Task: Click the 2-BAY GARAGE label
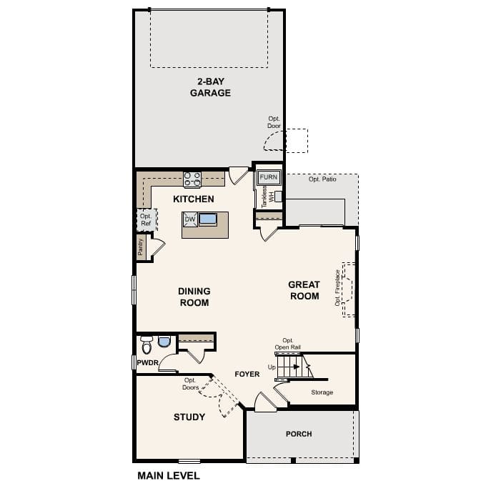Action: click(210, 86)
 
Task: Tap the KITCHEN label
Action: click(194, 199)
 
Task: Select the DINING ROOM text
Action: click(194, 297)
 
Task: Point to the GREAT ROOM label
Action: click(304, 290)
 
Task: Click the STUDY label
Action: click(189, 417)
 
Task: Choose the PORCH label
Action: click(299, 434)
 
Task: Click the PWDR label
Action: click(147, 362)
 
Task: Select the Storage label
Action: click(322, 392)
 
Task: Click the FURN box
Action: click(268, 177)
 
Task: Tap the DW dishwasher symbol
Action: click(190, 219)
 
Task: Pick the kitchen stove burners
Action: click(192, 179)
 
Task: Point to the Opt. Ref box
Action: click(146, 219)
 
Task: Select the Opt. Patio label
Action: click(322, 179)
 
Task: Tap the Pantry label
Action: click(141, 247)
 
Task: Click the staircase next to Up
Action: click(294, 368)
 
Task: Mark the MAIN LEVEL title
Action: click(168, 475)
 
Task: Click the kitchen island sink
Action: click(208, 219)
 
